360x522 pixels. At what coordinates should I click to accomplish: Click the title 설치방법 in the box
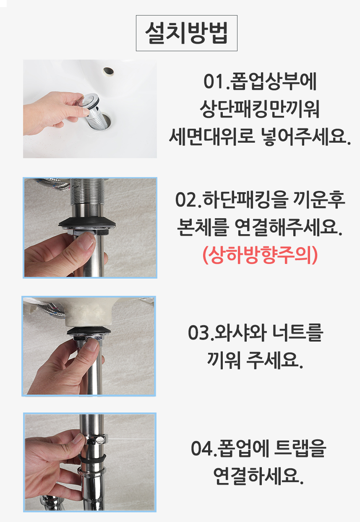pos(186,33)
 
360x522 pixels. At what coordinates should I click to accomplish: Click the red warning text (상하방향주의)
pos(260,255)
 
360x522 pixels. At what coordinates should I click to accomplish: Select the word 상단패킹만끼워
pos(260,109)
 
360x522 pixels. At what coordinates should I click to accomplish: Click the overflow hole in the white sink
pos(108,71)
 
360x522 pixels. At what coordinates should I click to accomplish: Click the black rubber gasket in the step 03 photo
pos(89,331)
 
